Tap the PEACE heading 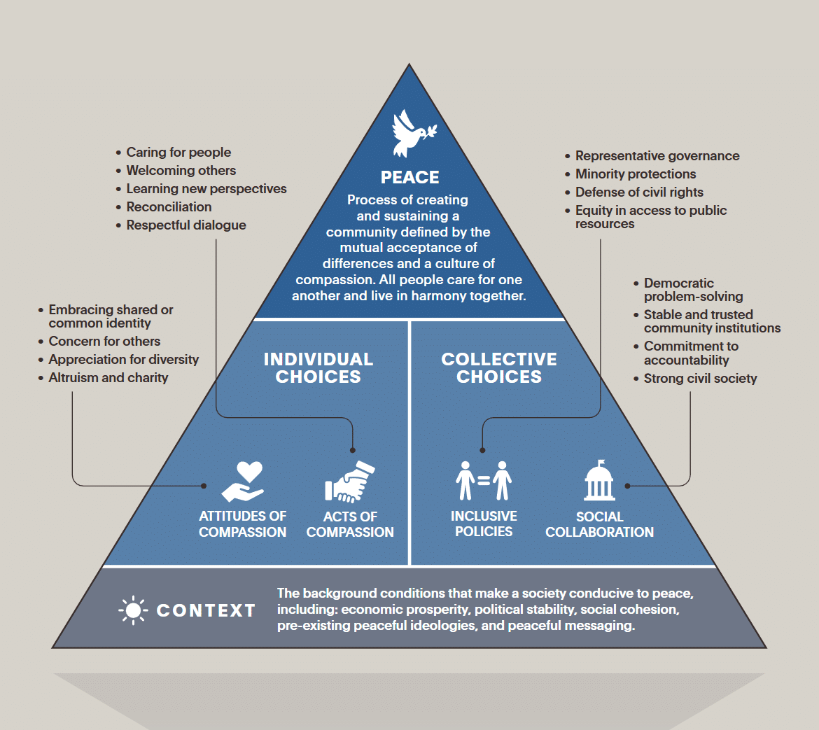[409, 177]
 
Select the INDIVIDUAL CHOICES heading [318, 368]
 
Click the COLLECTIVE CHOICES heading [499, 368]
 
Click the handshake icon [350, 482]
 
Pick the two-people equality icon [484, 481]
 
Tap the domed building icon [599, 481]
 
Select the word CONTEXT [206, 610]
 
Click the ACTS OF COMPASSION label [350, 524]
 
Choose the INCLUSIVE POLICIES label [484, 524]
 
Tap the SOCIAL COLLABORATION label [599, 524]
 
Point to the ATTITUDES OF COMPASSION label [242, 524]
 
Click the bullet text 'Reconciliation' [169, 207]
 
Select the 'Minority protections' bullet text [636, 174]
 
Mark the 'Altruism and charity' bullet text [108, 378]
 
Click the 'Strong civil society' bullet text [700, 379]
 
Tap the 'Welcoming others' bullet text [181, 171]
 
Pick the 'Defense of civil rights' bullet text [639, 192]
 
